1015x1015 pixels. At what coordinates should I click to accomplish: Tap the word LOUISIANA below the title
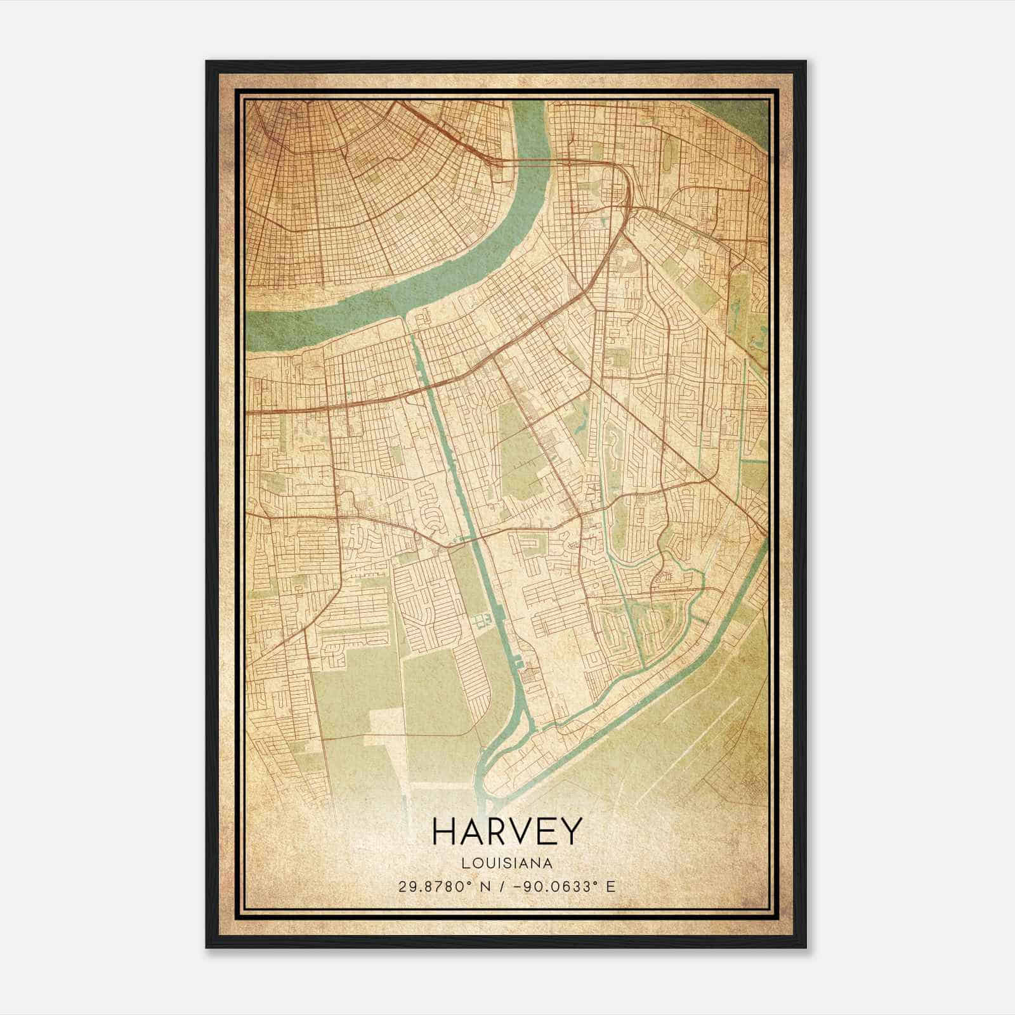click(506, 863)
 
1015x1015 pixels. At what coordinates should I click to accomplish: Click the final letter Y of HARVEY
click(569, 832)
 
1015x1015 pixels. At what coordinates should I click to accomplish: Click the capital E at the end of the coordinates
click(610, 886)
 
